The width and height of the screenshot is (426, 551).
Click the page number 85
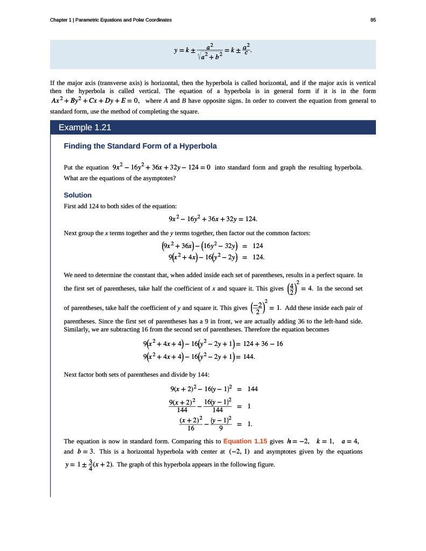373,20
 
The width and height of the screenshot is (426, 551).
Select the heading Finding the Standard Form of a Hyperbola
140,146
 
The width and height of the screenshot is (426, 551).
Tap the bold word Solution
78,195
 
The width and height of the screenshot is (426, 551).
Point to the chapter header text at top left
110,20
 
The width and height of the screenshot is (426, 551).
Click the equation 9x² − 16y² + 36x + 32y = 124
212,219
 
